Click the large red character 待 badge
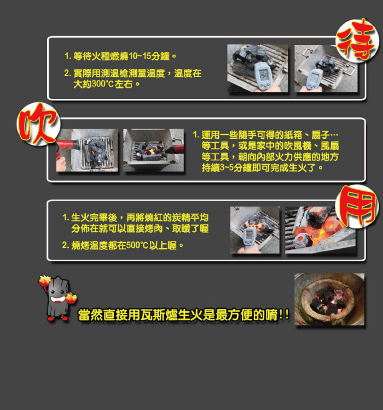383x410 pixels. click(x=357, y=40)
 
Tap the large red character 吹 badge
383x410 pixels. click(x=38, y=124)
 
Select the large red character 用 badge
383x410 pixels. click(x=357, y=206)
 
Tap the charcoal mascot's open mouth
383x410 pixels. click(x=58, y=299)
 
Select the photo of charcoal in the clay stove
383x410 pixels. click(x=329, y=300)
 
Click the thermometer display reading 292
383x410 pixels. click(x=263, y=74)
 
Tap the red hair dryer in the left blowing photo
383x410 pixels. click(x=67, y=148)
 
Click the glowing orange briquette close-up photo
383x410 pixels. click(x=320, y=230)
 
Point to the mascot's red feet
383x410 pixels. click(x=57, y=318)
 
